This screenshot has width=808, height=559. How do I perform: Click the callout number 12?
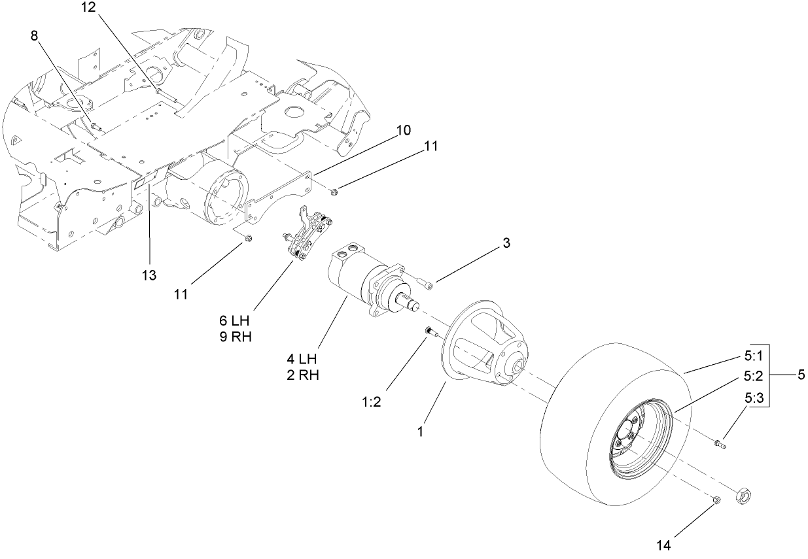[x=88, y=8]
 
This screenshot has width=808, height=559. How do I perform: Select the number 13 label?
[x=150, y=275]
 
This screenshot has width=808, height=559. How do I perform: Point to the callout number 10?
[x=403, y=130]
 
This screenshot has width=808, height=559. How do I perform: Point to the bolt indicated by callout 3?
[x=426, y=284]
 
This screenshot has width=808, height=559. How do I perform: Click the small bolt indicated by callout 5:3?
[x=720, y=445]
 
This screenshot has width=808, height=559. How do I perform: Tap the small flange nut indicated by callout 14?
[x=716, y=501]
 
